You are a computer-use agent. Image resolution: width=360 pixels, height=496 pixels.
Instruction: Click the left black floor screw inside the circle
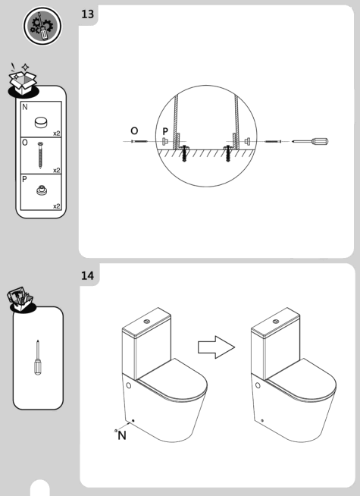(185, 158)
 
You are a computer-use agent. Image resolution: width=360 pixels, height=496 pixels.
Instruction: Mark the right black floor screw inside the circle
(227, 158)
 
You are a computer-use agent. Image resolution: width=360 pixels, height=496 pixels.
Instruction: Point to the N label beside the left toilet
(121, 437)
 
